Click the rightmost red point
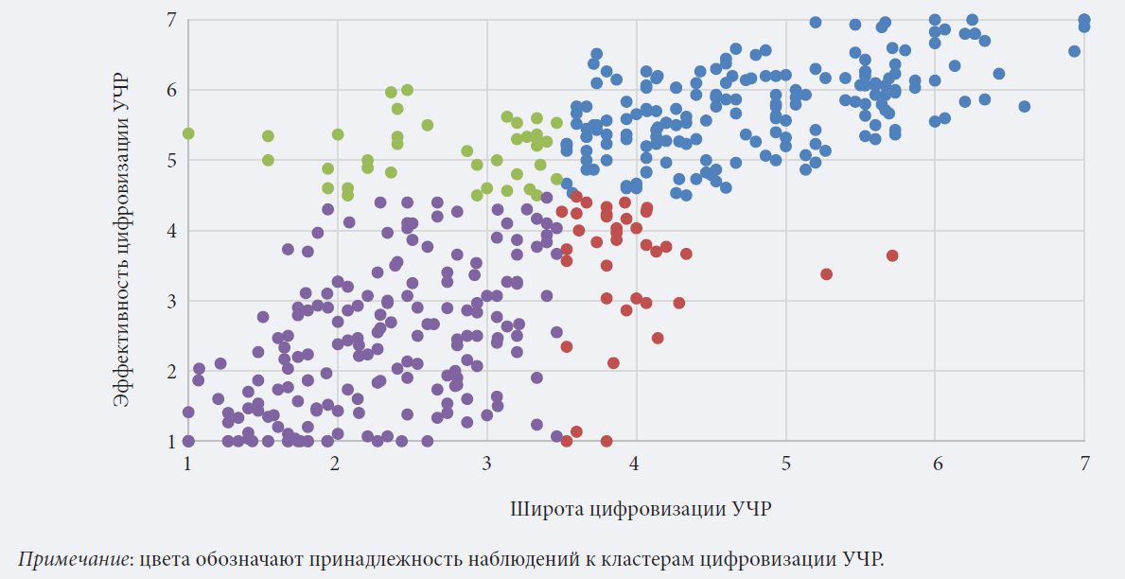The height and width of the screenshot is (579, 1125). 892,255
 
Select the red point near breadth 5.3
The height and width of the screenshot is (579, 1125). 826,274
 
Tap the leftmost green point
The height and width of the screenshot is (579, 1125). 188,133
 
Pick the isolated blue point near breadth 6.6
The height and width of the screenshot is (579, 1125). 1024,107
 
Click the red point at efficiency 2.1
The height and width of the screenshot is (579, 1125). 613,363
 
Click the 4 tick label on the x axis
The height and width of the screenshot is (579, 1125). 636,463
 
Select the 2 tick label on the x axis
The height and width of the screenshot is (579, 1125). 335,463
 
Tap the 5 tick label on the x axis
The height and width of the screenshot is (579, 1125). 785,463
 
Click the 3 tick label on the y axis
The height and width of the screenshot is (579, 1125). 171,301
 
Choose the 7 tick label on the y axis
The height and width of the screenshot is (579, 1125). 171,20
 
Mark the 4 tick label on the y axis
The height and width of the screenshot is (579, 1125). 171,231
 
